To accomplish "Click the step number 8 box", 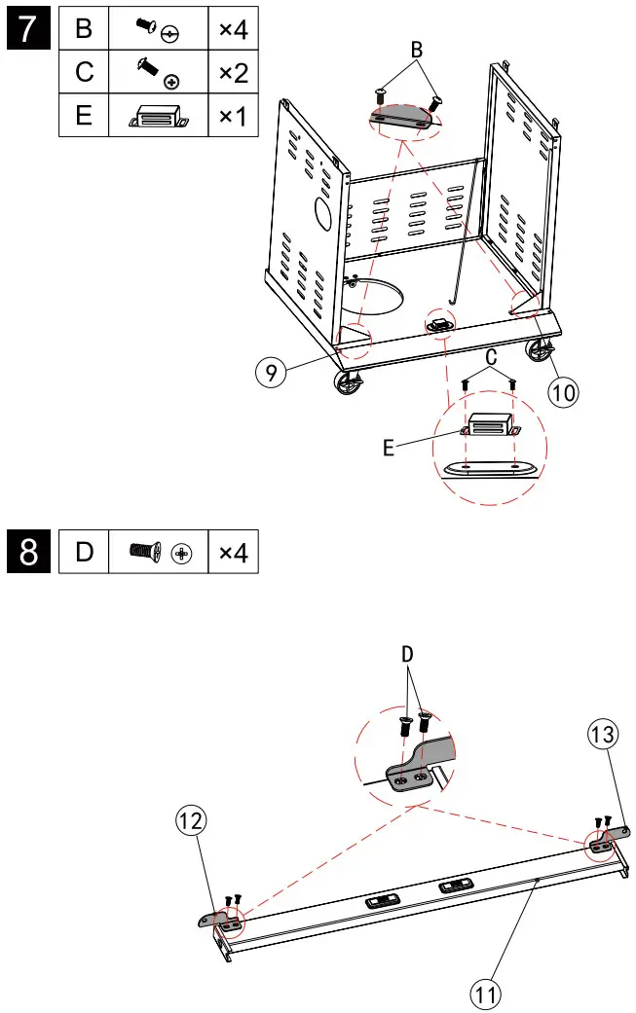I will [x=29, y=553].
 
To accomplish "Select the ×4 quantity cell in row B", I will [x=233, y=29].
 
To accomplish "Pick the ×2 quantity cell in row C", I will [x=233, y=72].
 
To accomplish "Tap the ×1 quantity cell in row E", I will [x=233, y=116].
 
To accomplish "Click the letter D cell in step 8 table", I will [x=84, y=553].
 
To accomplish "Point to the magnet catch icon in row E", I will [x=158, y=117].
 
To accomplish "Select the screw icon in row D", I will [x=158, y=553].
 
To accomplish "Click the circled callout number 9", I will [x=274, y=372].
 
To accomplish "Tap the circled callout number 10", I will [x=563, y=390].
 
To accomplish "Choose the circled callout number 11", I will [x=487, y=993].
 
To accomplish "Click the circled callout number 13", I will [x=603, y=734].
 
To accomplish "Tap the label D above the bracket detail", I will [x=407, y=655].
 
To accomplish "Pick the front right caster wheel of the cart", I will [x=538, y=352].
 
